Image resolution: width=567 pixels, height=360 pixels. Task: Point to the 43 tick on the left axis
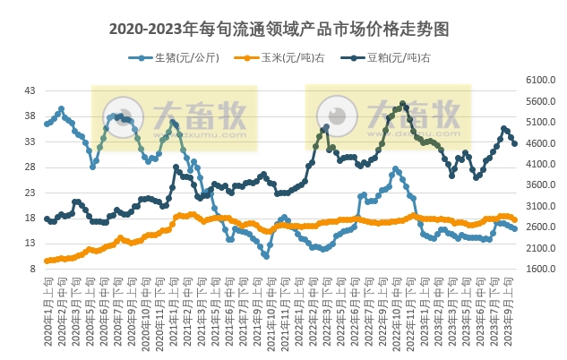tap(30, 90)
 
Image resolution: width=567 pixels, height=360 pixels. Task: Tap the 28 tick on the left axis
tap(30, 167)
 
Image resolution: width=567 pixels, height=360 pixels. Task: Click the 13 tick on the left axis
tap(30, 243)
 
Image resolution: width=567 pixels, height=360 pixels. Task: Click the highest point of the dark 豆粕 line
tap(403, 104)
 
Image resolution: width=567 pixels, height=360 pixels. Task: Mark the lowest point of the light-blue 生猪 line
tap(266, 256)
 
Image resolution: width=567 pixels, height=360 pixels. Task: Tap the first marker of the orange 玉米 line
tap(47, 261)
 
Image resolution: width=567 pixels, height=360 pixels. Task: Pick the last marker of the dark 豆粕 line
tap(515, 143)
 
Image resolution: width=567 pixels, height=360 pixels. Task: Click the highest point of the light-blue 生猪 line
tap(61, 109)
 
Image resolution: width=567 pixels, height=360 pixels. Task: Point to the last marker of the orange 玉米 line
tap(515, 219)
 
